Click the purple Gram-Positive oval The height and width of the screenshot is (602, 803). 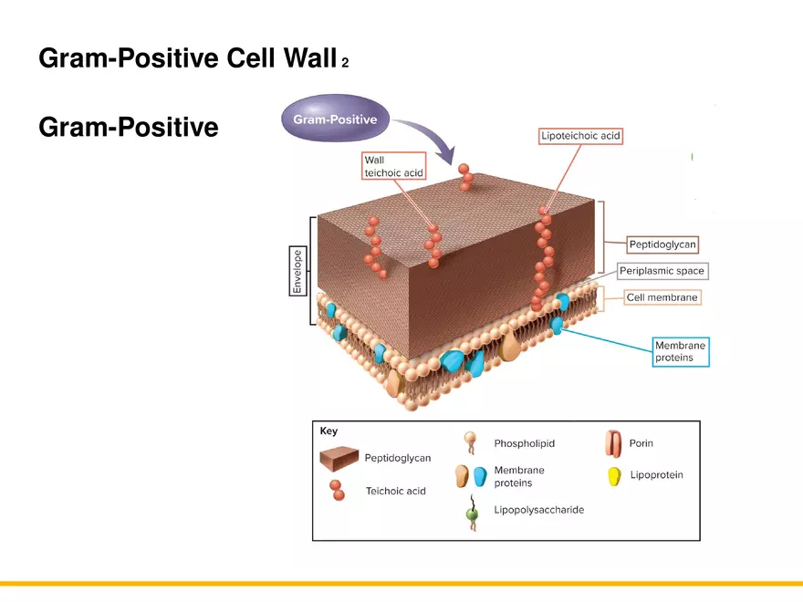(x=334, y=119)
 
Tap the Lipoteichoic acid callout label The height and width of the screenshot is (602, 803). (x=580, y=136)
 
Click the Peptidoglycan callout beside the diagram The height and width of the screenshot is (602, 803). (x=662, y=244)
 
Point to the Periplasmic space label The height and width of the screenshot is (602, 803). (x=662, y=271)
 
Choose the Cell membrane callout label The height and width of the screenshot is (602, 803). (x=662, y=297)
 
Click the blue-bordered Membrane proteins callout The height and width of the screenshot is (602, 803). (x=680, y=352)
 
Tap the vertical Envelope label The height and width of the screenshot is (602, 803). (x=297, y=271)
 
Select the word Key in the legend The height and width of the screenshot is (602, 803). (x=328, y=431)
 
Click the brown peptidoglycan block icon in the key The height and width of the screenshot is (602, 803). (x=338, y=457)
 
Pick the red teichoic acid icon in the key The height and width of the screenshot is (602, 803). (x=337, y=489)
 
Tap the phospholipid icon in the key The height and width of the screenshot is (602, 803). (x=471, y=444)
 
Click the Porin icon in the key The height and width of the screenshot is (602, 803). (x=612, y=444)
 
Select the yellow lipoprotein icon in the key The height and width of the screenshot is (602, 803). (x=614, y=475)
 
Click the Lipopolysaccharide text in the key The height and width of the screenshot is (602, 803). (x=538, y=510)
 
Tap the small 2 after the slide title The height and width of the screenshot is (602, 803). (x=345, y=63)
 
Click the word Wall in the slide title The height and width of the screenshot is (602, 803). (x=310, y=58)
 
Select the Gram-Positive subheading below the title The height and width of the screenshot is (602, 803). (x=128, y=127)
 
